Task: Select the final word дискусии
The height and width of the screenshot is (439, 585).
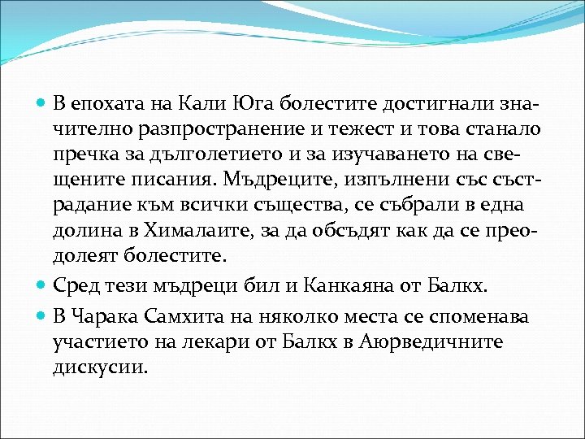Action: pyautogui.click(x=102, y=367)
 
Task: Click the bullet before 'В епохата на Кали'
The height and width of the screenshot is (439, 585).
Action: pyautogui.click(x=42, y=104)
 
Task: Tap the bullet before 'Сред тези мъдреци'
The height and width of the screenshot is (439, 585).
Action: pyautogui.click(x=42, y=285)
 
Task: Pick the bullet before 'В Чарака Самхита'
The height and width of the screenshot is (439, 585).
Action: pyautogui.click(x=42, y=315)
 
